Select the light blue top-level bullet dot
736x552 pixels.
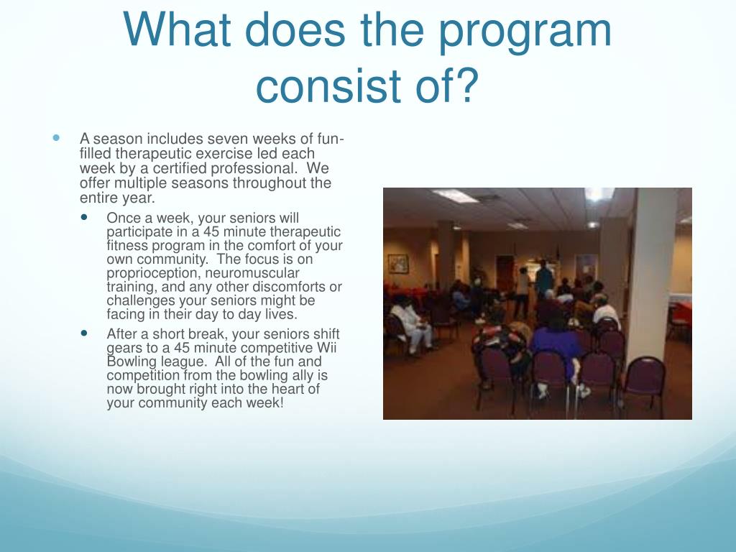(56, 138)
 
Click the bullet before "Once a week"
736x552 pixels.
(84, 217)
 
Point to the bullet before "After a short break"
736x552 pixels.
(84, 333)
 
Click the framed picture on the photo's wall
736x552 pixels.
(398, 264)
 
